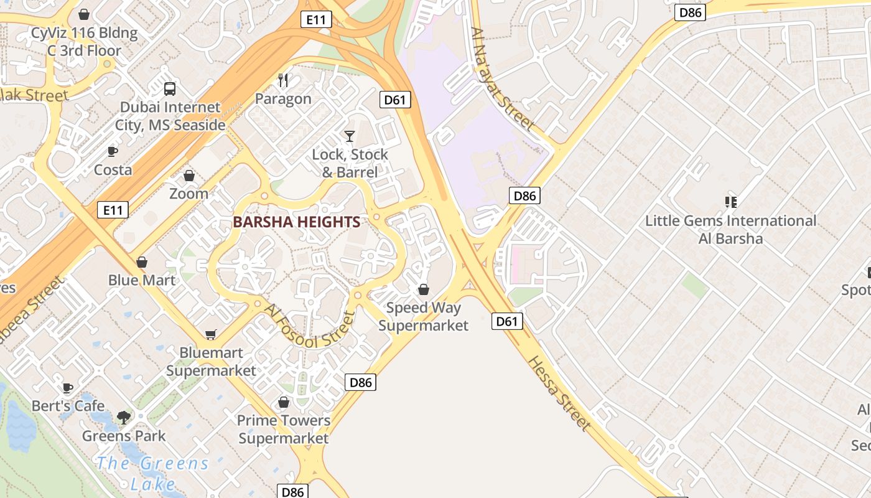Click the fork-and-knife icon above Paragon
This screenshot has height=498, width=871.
coord(283,80)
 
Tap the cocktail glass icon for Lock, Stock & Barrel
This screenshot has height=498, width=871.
coord(350,136)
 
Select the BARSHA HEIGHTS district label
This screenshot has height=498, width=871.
coord(297,222)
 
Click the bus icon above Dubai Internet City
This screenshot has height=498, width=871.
coord(170,88)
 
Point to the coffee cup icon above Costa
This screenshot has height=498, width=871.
coord(113,151)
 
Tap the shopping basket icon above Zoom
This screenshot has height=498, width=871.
coord(189,176)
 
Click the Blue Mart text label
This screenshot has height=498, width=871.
coord(142,280)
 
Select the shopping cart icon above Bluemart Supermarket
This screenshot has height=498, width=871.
coord(211,335)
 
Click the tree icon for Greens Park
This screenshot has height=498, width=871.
coord(124,417)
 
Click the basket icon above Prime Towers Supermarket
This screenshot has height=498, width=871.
coord(284,402)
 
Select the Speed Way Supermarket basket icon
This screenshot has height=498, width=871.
coord(424,289)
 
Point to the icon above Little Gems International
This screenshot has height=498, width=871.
coord(730,202)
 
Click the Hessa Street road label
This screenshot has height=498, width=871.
coord(559,393)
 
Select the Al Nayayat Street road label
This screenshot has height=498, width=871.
coord(503,79)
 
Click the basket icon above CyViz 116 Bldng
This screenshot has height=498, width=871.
coord(84,14)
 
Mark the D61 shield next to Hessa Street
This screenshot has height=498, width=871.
coord(507,321)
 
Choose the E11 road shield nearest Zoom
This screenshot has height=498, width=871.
coord(113,210)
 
